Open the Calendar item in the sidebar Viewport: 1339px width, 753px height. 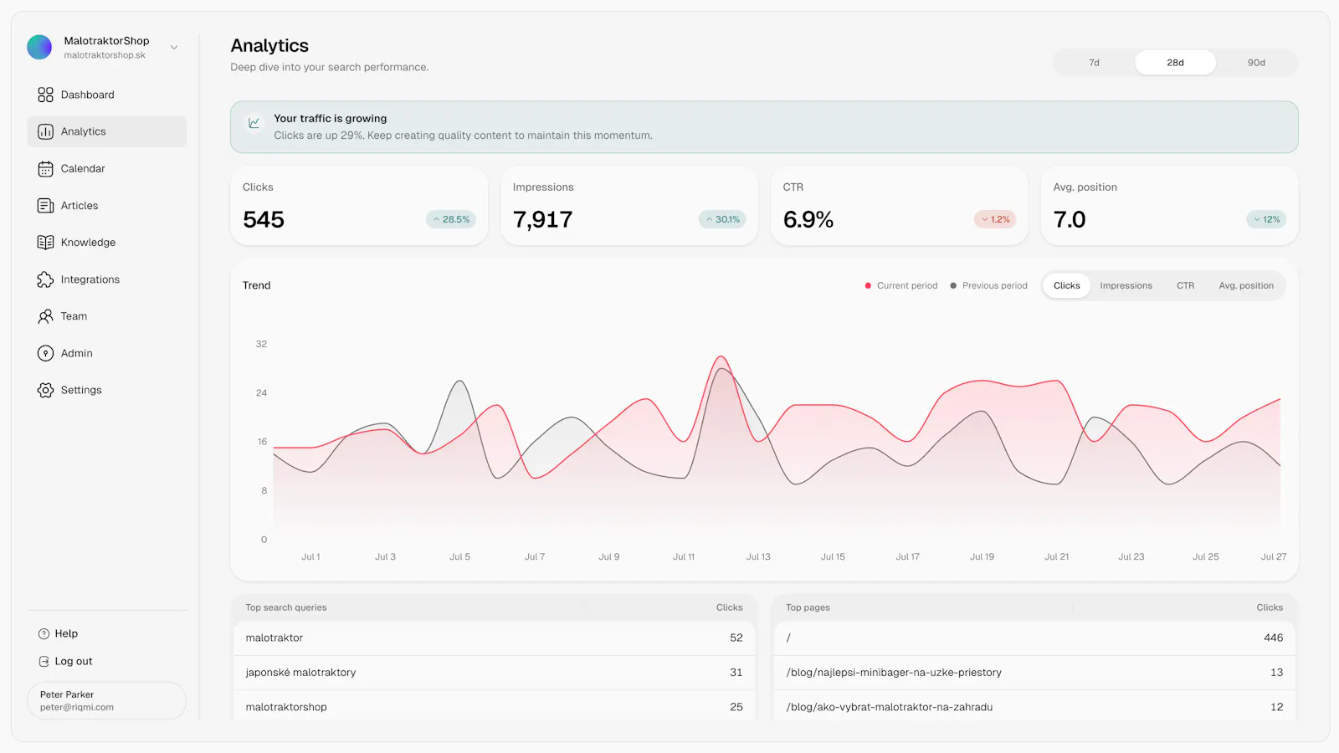83,168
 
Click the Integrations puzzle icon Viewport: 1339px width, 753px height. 45,279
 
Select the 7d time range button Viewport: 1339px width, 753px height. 1094,63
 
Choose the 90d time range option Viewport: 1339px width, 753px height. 1256,63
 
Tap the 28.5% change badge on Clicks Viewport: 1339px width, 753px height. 451,219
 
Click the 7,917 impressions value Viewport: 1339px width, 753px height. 543,219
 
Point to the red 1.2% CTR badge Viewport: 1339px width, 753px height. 995,219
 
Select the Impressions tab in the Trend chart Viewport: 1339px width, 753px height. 1126,285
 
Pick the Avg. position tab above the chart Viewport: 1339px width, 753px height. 1246,285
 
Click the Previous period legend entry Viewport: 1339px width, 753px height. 988,285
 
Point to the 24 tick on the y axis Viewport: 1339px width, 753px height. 261,392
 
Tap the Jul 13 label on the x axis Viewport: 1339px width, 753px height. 758,556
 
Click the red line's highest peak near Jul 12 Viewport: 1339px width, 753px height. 721,356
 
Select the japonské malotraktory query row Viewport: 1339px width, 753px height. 494,673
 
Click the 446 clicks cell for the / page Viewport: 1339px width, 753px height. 1273,638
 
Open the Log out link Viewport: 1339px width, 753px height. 73,661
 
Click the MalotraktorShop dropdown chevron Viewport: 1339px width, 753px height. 174,47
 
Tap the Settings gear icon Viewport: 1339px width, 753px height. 45,390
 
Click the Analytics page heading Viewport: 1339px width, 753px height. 269,45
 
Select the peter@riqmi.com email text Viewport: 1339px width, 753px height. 76,707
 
